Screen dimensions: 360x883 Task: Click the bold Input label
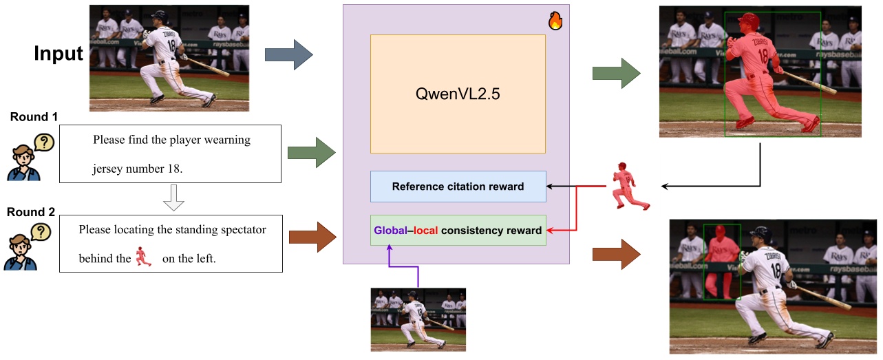[58, 53]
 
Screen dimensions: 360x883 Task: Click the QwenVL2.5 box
[458, 94]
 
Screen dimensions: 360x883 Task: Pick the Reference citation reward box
[458, 187]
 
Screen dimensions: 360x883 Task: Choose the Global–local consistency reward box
[458, 231]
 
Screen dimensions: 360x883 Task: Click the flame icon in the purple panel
[555, 21]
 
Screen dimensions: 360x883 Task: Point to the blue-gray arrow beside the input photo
[288, 55]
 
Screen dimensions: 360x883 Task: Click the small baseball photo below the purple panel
[418, 319]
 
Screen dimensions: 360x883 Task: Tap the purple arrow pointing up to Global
[389, 266]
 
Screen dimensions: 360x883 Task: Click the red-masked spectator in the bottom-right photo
[721, 262]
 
